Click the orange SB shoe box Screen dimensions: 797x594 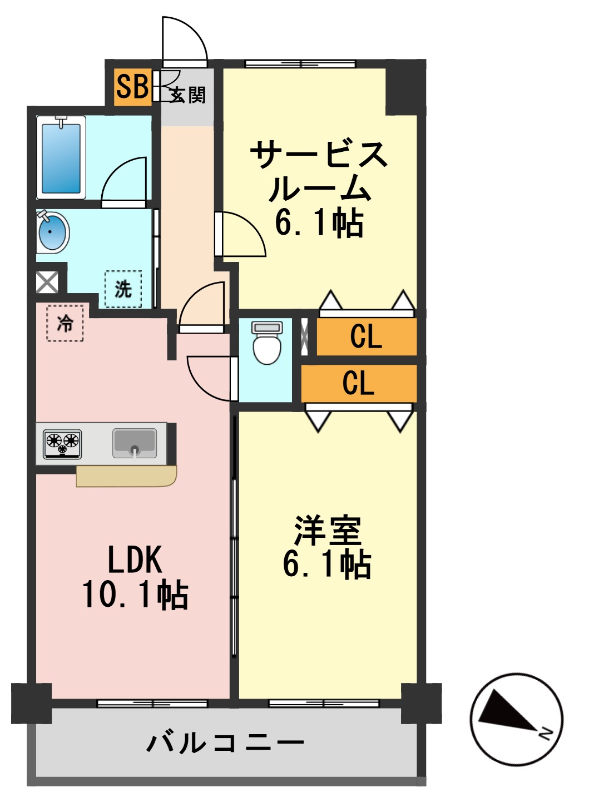coord(132,86)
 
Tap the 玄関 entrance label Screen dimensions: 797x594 coord(188,95)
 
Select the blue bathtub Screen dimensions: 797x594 coord(61,158)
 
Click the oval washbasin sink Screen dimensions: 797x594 coord(52,231)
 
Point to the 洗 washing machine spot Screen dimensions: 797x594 coord(123,289)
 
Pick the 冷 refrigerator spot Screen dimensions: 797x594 coord(65,323)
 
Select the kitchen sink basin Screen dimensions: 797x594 coord(135,443)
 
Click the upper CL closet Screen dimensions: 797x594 coord(367,336)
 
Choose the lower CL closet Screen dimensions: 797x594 coord(359,383)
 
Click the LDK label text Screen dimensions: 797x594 coord(135,560)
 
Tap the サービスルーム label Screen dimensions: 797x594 coord(319,171)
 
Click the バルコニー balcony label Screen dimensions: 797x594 coord(225,742)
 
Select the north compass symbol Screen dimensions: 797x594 coord(517,719)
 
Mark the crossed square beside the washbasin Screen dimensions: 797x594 coord(47,282)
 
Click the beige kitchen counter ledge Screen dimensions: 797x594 coord(127,476)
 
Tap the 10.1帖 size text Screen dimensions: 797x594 coord(135,594)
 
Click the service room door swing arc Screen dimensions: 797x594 coord(245,234)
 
